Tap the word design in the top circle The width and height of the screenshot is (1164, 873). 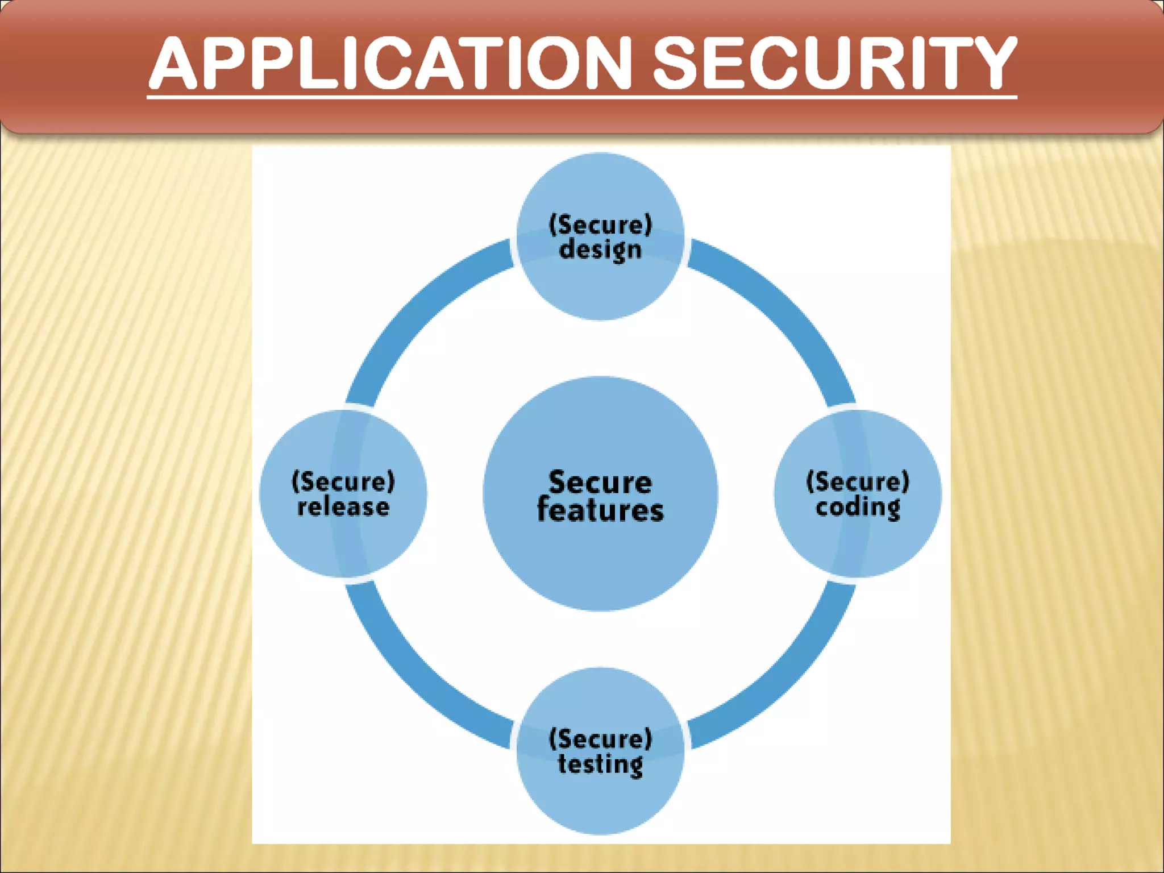(600, 250)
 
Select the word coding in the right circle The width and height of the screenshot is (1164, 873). (858, 508)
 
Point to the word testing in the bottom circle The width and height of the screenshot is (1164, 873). (600, 764)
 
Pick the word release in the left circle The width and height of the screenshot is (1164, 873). (343, 506)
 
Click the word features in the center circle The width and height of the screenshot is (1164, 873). (600, 510)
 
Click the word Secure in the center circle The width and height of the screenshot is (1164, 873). (600, 482)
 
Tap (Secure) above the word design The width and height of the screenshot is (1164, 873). (600, 225)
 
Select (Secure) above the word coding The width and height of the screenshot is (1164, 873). (858, 482)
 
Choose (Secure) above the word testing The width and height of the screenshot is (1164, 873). (600, 739)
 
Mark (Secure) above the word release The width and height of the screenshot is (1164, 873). (343, 482)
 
